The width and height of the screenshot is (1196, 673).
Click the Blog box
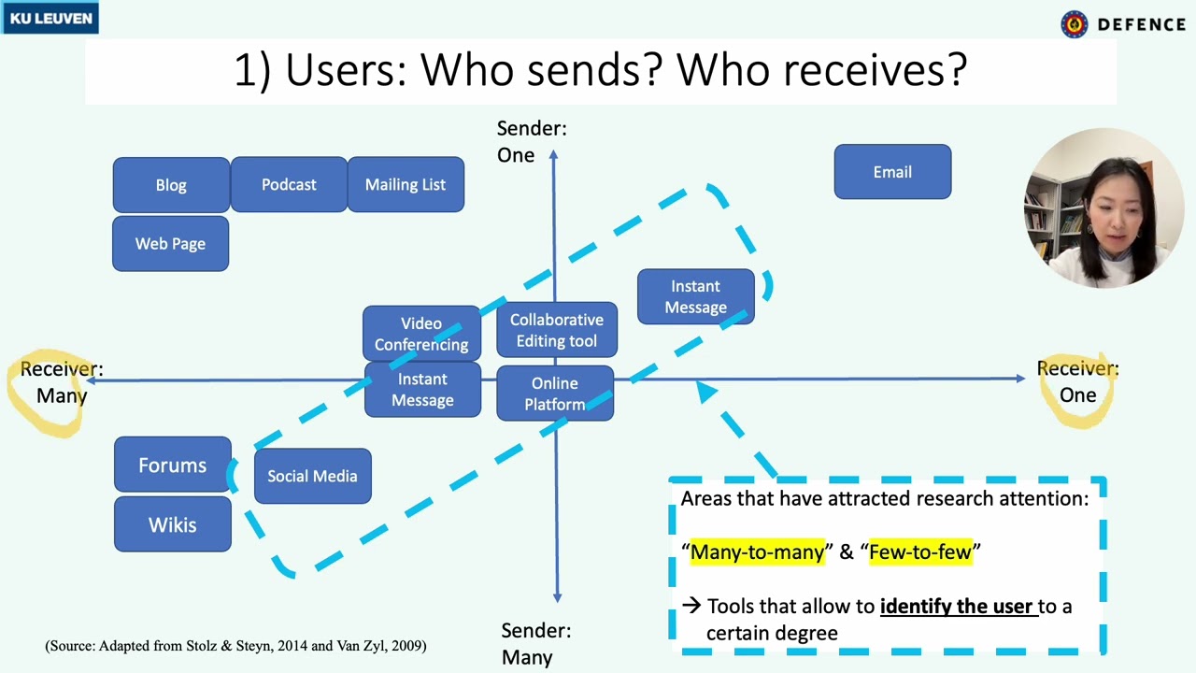171,185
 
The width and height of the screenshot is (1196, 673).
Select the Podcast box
289,184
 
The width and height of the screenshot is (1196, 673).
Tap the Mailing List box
406,184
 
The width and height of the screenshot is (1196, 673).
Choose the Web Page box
171,244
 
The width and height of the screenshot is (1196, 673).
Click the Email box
892,171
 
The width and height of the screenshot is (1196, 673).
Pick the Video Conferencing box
421,334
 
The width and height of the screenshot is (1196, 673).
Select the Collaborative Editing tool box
557,330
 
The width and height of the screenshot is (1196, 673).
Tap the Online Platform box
555,394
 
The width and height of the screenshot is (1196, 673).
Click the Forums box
173,465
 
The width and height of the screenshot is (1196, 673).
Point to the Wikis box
173,524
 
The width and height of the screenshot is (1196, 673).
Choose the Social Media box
313,476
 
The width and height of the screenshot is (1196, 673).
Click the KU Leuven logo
50,18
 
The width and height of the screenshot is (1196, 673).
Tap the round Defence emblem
1075,24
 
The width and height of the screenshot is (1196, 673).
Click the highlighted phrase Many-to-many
758,551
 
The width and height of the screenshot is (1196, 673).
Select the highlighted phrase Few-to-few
920,551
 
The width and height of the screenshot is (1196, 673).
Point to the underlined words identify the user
959,607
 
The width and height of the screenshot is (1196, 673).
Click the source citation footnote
235,646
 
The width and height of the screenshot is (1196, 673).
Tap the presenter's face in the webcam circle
1115,215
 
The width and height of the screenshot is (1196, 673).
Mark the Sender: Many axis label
535,644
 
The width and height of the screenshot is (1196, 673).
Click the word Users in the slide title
346,69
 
